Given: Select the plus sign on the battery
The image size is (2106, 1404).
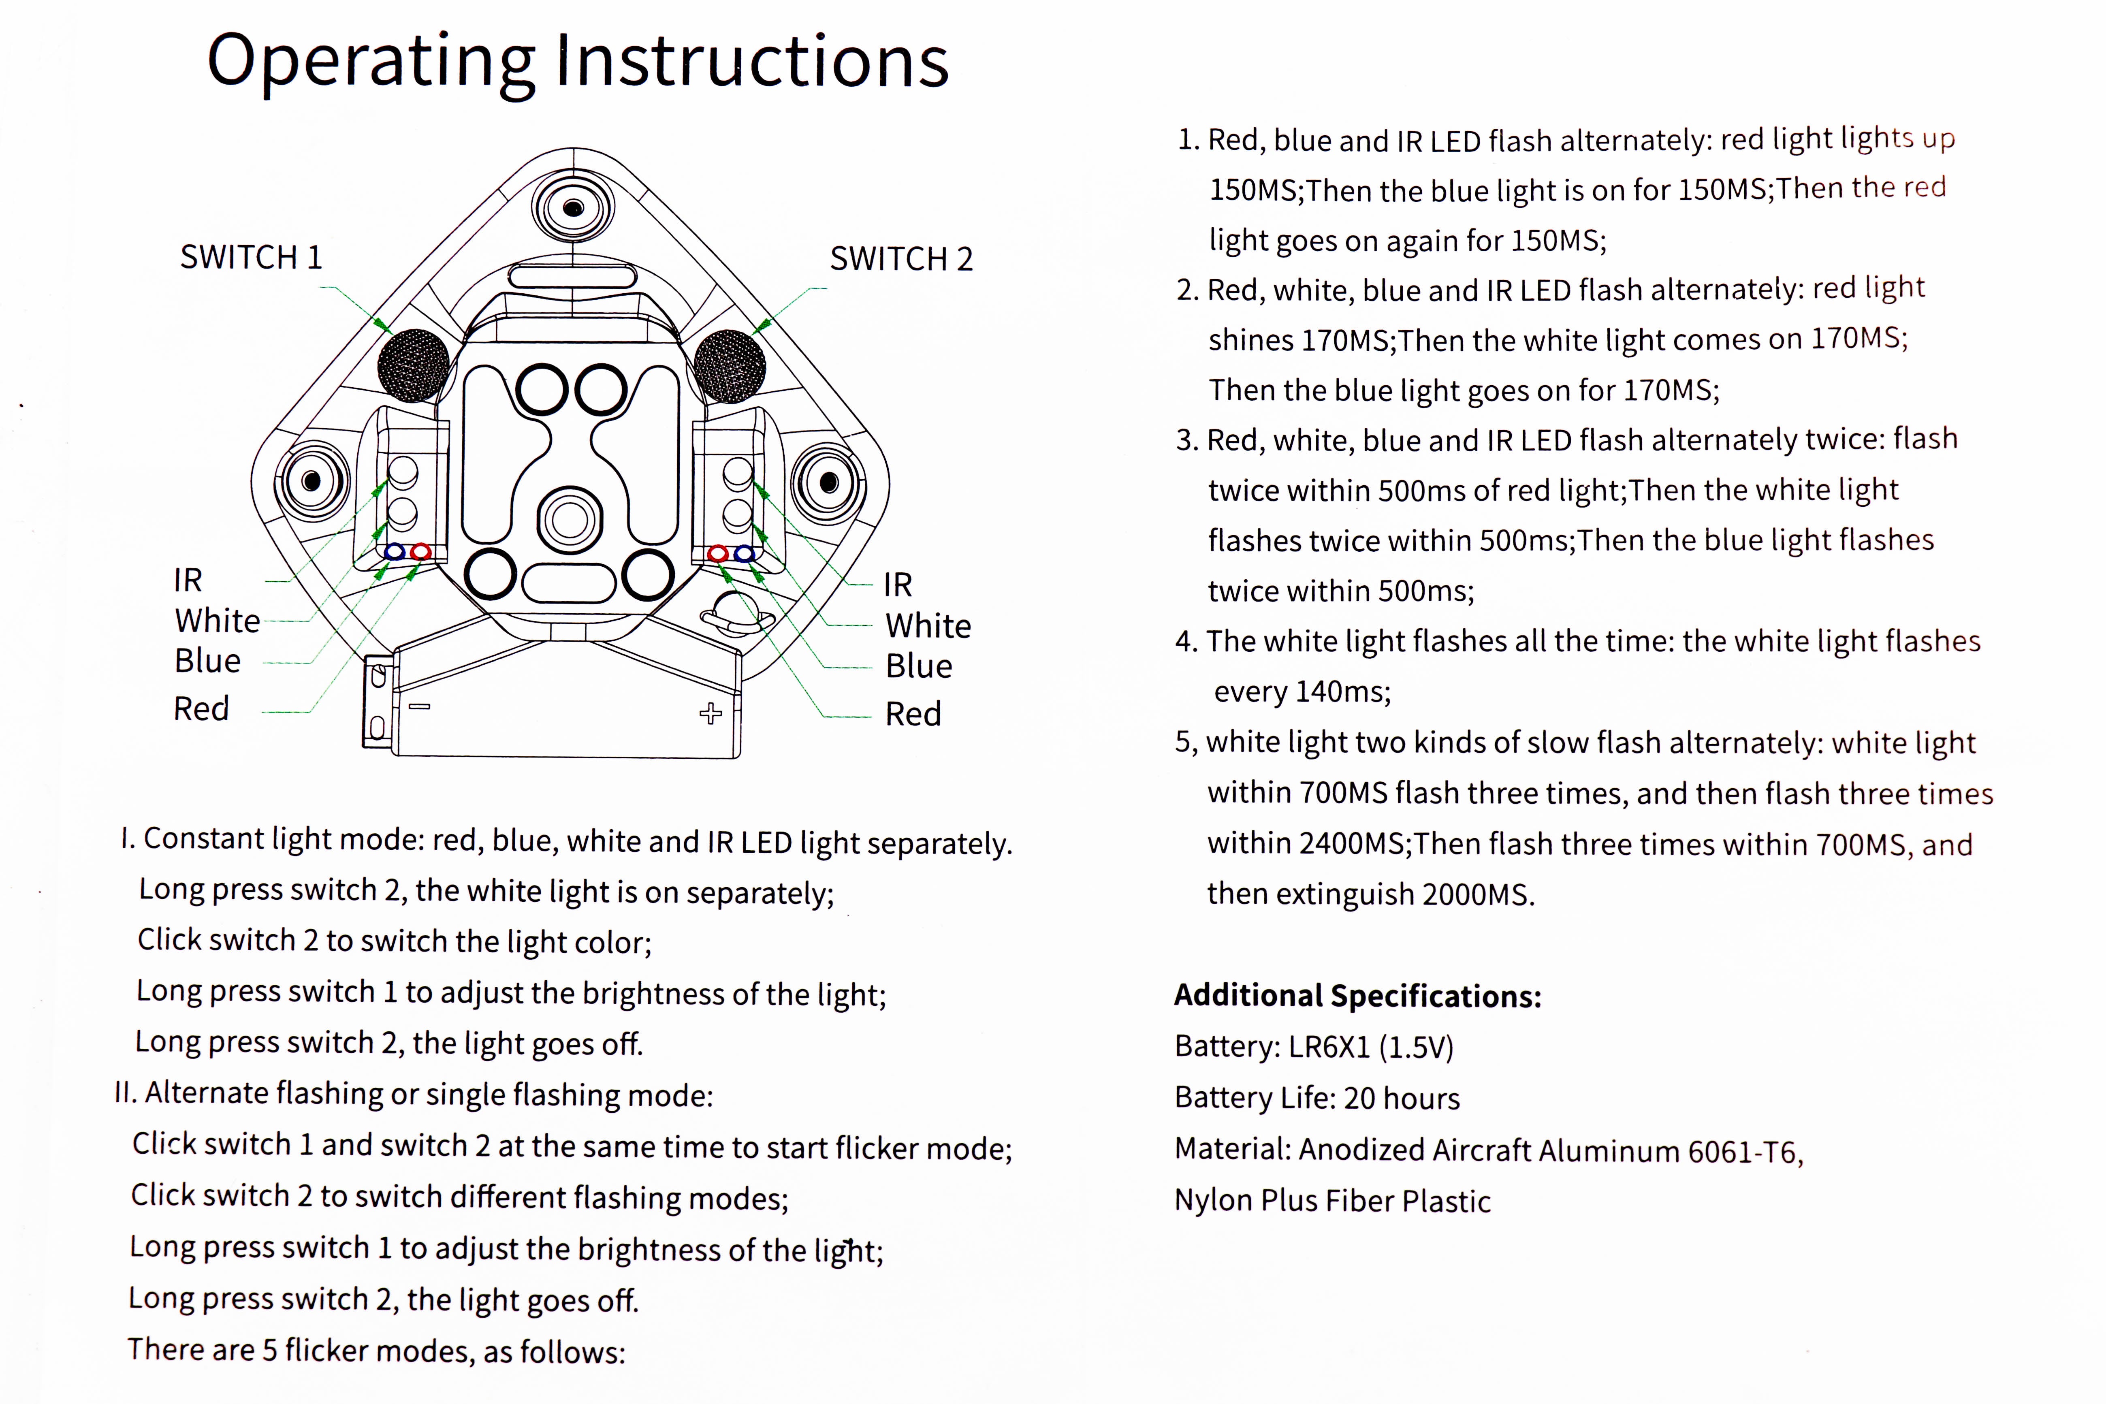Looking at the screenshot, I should [710, 714].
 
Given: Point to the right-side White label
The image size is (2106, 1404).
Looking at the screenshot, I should [928, 626].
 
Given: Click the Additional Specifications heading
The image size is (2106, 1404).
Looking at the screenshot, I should [1357, 996].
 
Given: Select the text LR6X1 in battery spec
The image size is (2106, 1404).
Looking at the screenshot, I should [1329, 1047].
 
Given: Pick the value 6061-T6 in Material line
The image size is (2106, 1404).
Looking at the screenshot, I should [1744, 1152].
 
